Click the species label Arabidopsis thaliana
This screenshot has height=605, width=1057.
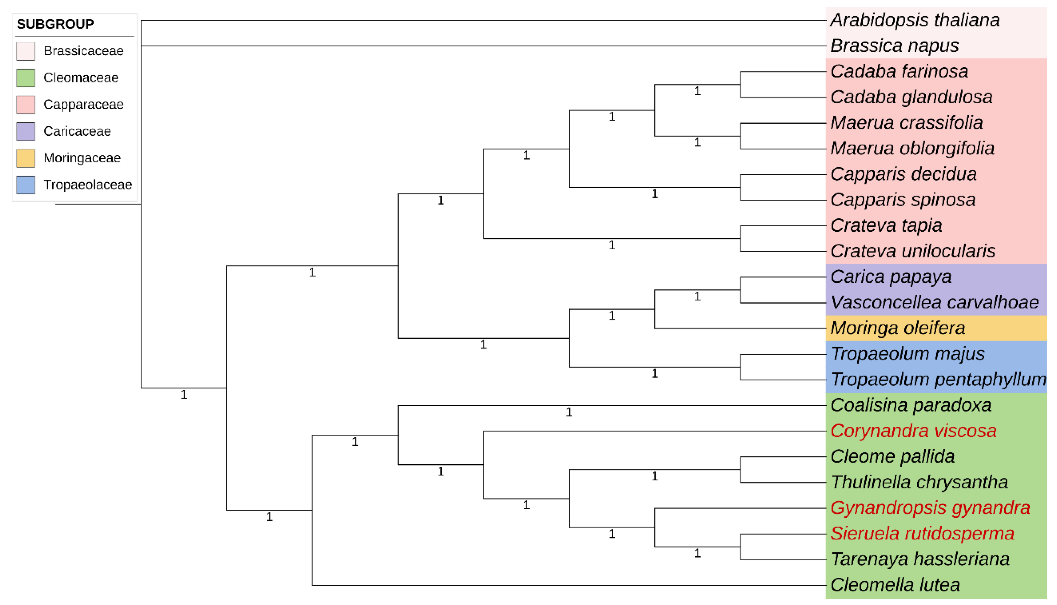tap(915, 20)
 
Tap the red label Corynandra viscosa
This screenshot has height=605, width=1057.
tap(913, 431)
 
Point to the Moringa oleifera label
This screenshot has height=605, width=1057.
tap(898, 328)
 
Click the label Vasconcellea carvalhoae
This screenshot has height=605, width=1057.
tap(935, 302)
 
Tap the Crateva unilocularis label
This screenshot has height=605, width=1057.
tap(913, 251)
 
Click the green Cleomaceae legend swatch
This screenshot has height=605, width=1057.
tap(26, 78)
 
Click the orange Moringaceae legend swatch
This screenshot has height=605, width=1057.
tap(26, 158)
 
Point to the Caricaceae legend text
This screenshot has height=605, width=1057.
tap(77, 131)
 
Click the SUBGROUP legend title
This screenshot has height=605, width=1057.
tap(55, 24)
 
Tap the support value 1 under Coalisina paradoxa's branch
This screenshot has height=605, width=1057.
tap(569, 412)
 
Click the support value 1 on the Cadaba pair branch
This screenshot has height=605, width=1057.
tap(697, 91)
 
